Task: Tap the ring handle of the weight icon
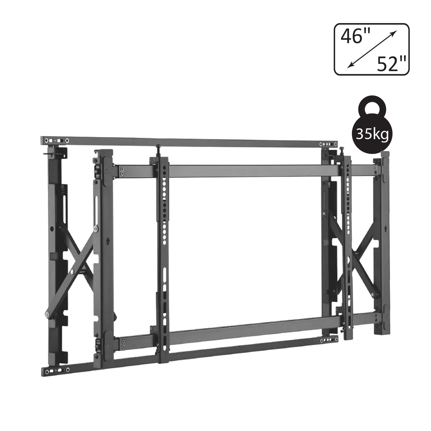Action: pyautogui.click(x=372, y=105)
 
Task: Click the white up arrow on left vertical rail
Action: pyautogui.click(x=108, y=241)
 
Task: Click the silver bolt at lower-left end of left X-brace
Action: pyautogui.click(x=47, y=314)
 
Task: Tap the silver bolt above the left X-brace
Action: pyautogui.click(x=96, y=229)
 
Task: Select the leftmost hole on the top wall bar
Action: pyautogui.click(x=46, y=140)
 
